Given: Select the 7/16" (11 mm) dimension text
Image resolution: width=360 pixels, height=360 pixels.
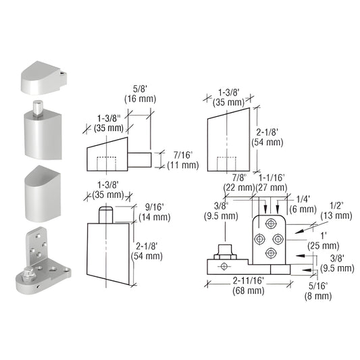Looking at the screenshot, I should tap(178, 159).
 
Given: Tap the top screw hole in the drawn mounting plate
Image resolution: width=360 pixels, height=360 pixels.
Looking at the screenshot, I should tap(271, 224).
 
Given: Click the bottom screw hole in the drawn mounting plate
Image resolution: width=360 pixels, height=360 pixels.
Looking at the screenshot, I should tap(271, 253).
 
